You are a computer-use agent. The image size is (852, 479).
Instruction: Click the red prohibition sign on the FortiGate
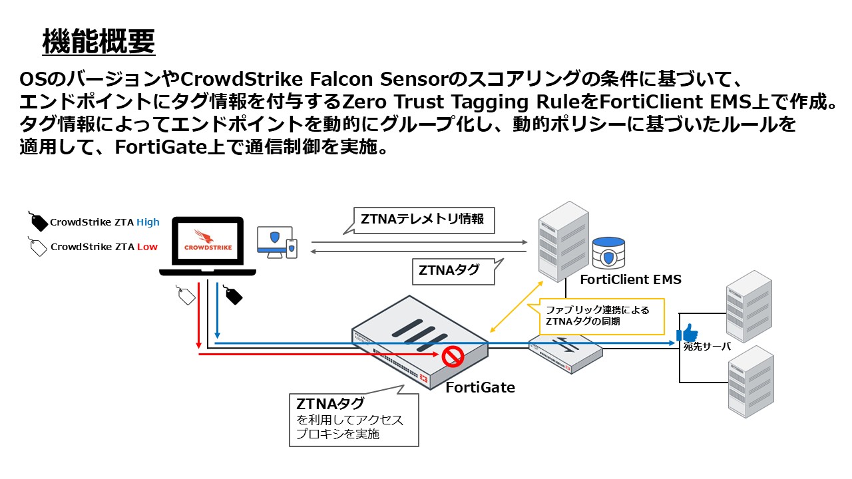click(x=453, y=356)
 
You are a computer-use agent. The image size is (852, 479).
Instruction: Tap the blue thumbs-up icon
click(x=688, y=333)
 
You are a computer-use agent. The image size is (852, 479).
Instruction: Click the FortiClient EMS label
click(x=630, y=279)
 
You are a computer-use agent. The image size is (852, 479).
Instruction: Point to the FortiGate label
click(x=480, y=387)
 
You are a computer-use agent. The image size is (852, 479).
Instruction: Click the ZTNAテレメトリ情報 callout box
click(x=423, y=219)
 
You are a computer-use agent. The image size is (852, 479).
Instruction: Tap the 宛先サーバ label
click(x=707, y=347)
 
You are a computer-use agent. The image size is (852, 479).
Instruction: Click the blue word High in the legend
click(x=148, y=223)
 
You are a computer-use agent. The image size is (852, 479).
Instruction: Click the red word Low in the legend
click(x=147, y=247)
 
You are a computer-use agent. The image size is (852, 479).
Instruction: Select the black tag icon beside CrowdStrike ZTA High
click(x=39, y=222)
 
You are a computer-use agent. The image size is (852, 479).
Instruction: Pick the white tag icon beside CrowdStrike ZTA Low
click(x=39, y=246)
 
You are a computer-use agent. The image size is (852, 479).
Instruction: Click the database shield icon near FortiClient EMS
click(x=608, y=252)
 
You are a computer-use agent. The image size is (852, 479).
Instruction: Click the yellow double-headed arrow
click(x=516, y=305)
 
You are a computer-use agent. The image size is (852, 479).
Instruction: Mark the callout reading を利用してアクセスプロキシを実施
click(x=353, y=419)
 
